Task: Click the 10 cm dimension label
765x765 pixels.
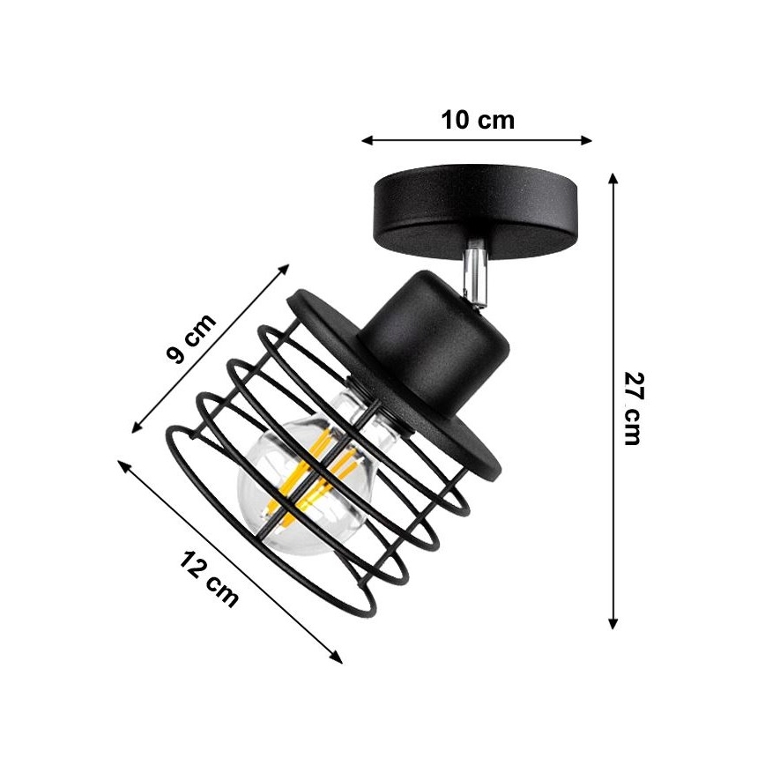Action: tap(477, 120)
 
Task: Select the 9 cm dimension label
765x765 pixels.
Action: tap(191, 340)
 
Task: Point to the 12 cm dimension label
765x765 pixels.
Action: tap(210, 578)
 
